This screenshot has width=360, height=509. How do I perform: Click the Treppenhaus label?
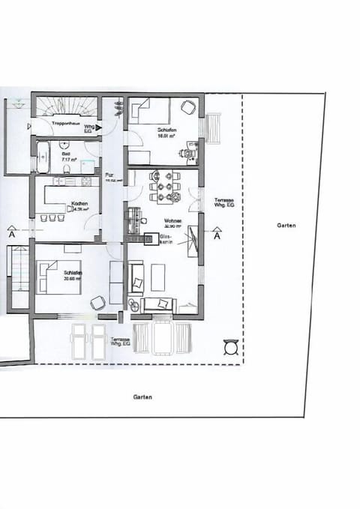pos(62,121)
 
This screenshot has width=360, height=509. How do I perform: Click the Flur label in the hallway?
pos(109,175)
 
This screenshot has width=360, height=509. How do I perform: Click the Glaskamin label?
pos(166,239)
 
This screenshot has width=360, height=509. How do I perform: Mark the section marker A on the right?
pos(217,235)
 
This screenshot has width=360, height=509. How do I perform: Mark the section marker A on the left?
pos(11,234)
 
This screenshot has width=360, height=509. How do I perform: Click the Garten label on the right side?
pos(286,225)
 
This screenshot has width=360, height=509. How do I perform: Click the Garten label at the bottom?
pos(142,397)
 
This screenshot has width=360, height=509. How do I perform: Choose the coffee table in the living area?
pos(158,277)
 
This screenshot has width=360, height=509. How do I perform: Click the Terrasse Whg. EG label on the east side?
pos(224,202)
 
